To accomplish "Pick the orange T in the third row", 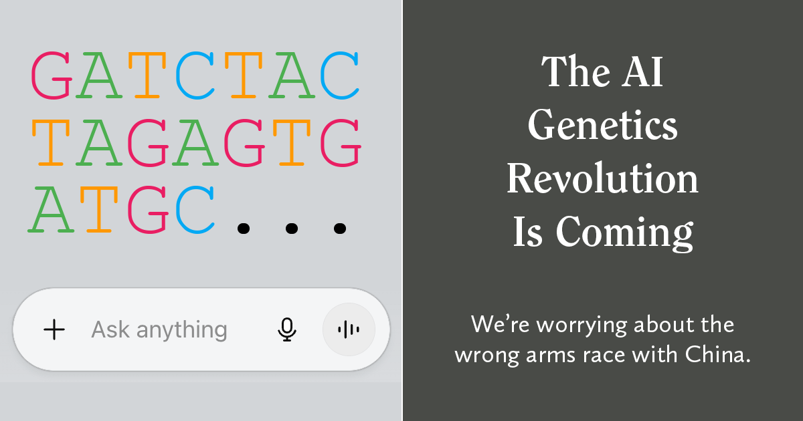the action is click(99, 210).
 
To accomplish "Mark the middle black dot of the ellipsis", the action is click(292, 229).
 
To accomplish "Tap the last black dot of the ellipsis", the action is click(340, 229).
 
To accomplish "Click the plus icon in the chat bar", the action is click(54, 329).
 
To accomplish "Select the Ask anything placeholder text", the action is click(159, 329).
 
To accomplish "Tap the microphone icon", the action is click(287, 329).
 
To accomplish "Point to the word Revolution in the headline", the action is click(603, 178).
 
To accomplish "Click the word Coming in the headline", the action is click(624, 233).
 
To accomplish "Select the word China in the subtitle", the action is click(717, 354).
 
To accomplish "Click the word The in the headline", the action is click(575, 72).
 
